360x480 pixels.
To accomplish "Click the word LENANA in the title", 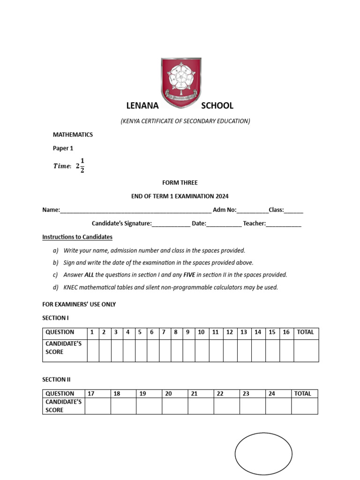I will [142, 106].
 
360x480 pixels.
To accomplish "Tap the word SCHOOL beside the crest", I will [217, 106].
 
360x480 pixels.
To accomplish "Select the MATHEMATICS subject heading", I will [73, 135].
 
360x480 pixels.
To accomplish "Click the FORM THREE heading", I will [180, 183].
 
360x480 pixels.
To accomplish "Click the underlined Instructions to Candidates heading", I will [77, 237].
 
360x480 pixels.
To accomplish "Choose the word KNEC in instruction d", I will [71, 287].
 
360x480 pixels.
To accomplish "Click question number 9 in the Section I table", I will [187, 332].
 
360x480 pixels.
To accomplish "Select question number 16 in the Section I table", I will [286, 332].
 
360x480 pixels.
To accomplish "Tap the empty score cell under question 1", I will [93, 350].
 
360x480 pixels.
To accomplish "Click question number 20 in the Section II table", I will [169, 394].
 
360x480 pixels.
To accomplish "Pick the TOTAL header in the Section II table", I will [303, 394].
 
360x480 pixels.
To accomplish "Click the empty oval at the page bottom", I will [263, 454].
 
